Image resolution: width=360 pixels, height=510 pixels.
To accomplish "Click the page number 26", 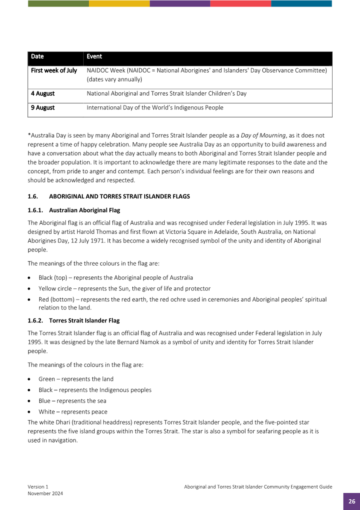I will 351,501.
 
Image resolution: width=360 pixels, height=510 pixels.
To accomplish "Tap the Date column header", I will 38,56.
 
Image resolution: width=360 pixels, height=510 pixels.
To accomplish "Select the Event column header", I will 94,56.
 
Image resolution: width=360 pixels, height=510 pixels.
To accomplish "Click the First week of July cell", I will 54,70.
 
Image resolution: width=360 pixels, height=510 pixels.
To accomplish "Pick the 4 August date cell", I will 43,94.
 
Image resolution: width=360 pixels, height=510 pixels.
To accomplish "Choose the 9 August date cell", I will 43,108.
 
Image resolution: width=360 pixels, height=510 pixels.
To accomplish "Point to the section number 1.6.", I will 33,196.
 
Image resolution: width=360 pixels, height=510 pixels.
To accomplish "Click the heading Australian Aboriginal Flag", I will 85,210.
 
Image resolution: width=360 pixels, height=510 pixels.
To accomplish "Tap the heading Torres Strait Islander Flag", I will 84,320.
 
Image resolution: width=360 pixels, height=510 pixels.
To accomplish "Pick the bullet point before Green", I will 29,379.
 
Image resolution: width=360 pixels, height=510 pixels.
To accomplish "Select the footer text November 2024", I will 45,493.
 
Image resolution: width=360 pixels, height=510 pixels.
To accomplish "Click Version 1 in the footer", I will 38,487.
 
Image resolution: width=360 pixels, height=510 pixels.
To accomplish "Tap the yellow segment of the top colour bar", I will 119,3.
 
